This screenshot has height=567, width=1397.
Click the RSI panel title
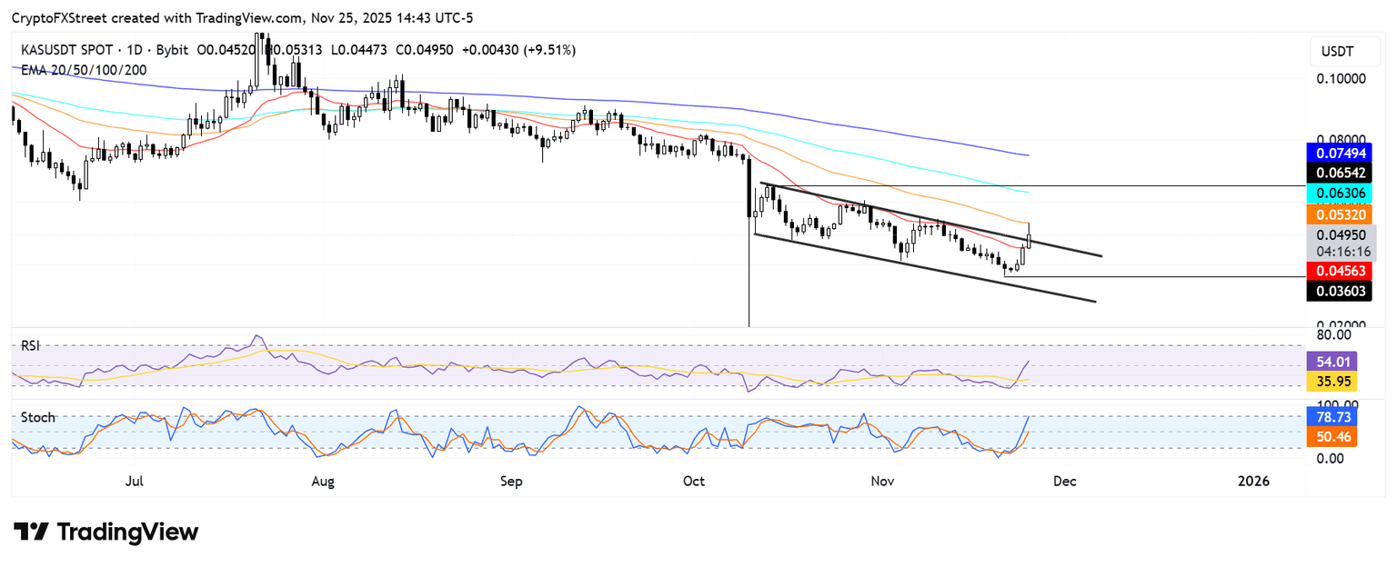click(x=31, y=346)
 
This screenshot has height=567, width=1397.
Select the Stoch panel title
click(x=37, y=418)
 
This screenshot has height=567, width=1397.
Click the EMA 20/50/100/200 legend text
click(x=84, y=69)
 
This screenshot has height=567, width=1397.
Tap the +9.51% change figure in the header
click(x=550, y=50)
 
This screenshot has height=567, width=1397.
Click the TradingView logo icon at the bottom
click(x=31, y=532)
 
